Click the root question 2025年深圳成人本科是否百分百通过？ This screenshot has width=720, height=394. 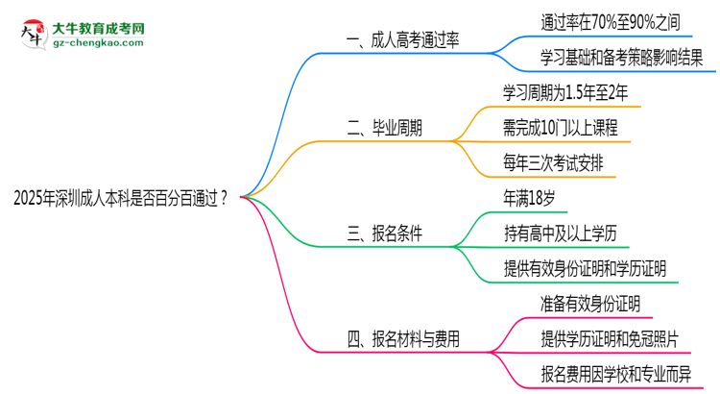coord(121,199)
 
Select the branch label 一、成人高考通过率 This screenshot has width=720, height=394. coord(403,39)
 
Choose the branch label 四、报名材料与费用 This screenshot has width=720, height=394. coord(403,338)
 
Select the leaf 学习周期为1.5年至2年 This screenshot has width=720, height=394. coord(565,92)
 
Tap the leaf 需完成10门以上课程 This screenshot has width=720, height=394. coord(560,128)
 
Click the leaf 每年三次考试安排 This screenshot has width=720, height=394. coord(553,162)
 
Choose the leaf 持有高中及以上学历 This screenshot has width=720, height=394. coord(561,234)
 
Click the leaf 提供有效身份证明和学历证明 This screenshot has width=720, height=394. coord(585,268)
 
